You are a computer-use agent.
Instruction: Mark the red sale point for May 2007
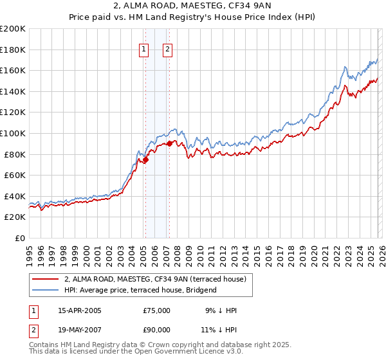(169, 144)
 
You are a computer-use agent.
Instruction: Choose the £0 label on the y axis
(19, 238)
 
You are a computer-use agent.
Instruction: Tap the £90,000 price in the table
(157, 330)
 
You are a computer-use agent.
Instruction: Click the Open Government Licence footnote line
(136, 352)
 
